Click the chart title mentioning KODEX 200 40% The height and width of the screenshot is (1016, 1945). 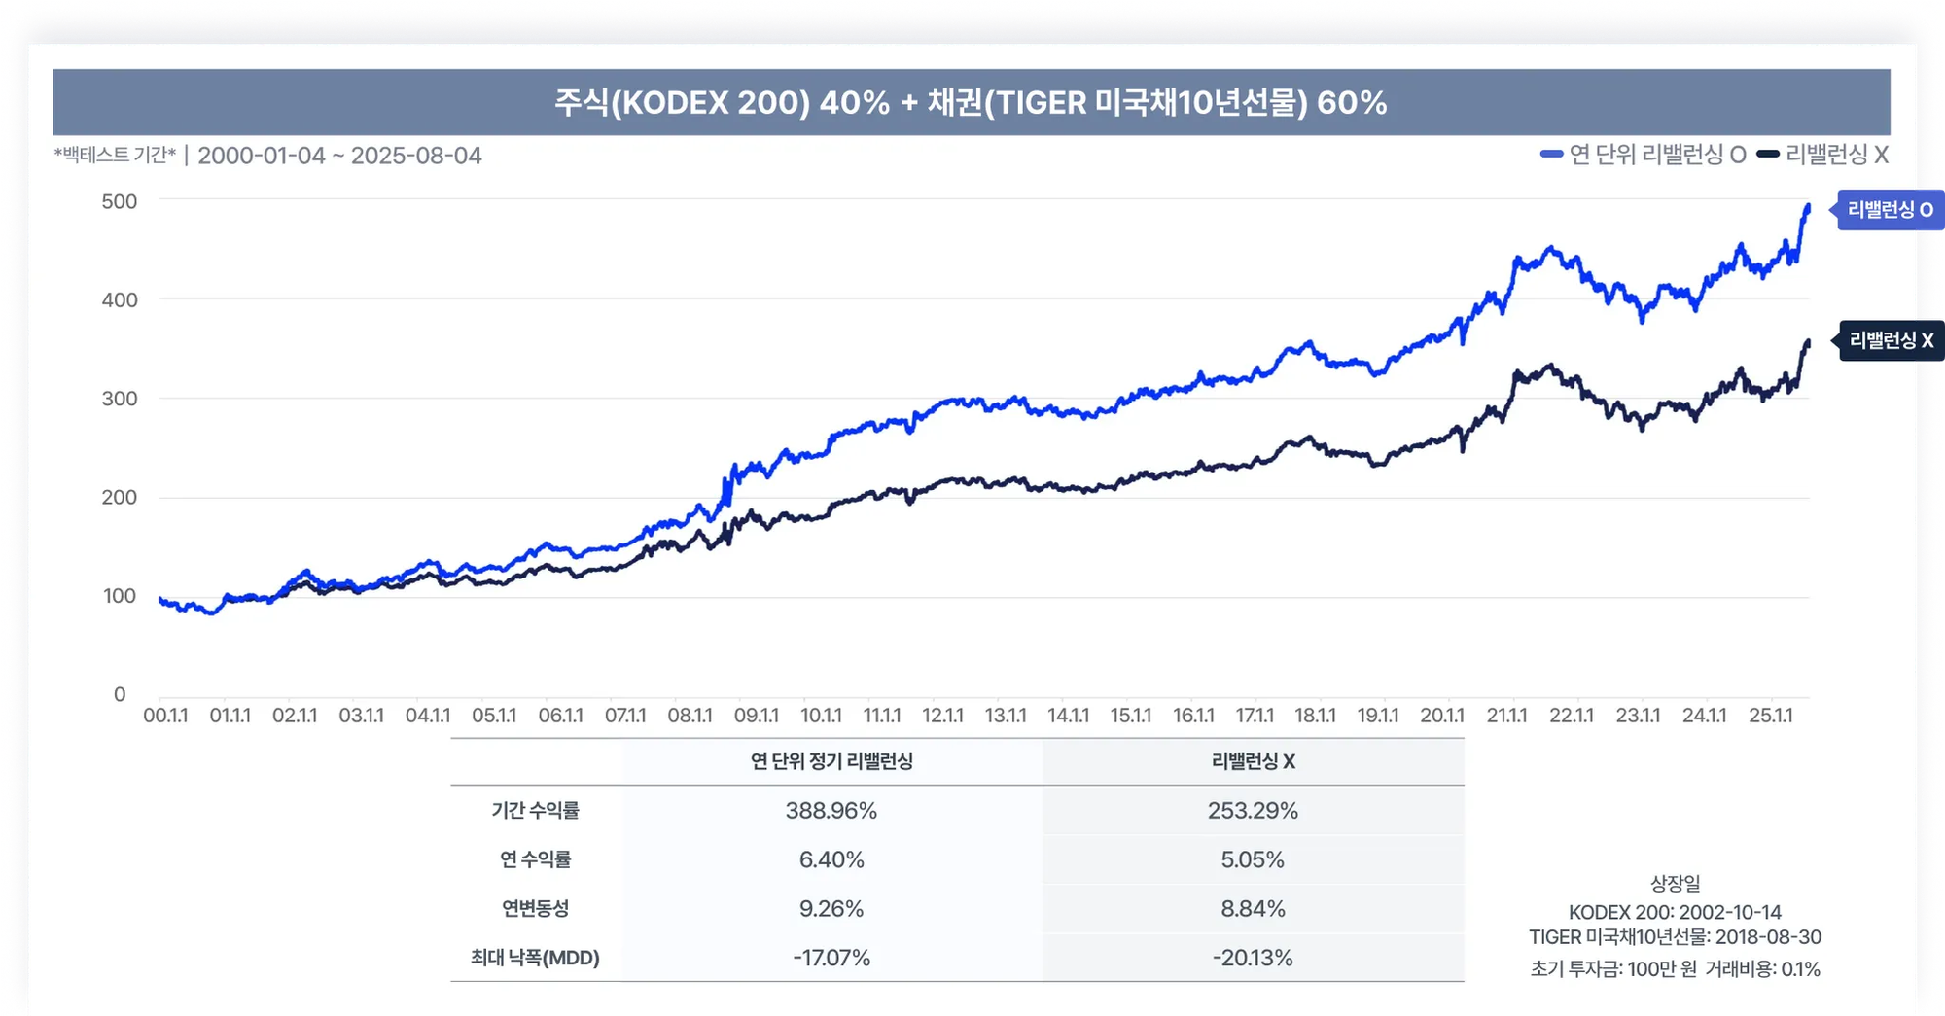click(x=971, y=102)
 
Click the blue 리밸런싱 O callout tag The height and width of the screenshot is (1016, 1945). click(x=1889, y=210)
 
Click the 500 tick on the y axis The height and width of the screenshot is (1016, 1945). click(x=120, y=201)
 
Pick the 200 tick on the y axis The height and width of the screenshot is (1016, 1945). click(x=120, y=497)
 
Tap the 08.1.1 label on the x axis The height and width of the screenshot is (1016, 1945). click(x=690, y=716)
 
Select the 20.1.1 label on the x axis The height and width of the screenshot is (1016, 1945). click(x=1441, y=716)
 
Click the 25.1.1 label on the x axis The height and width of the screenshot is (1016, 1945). click(x=1770, y=716)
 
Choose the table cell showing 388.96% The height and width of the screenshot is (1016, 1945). click(x=831, y=811)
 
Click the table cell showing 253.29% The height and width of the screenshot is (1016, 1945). click(x=1253, y=811)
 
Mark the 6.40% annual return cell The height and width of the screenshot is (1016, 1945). click(x=831, y=859)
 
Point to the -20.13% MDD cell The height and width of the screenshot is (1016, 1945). click(x=1253, y=958)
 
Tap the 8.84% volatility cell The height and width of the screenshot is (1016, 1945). click(x=1253, y=909)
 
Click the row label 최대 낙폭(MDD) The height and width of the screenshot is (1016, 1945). click(x=535, y=958)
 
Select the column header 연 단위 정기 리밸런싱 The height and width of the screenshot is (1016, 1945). click(x=831, y=761)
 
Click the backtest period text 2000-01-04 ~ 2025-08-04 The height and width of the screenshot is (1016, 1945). click(x=339, y=156)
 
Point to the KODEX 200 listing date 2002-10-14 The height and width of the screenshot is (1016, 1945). click(x=1675, y=912)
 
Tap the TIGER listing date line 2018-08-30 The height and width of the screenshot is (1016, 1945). click(x=1675, y=937)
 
